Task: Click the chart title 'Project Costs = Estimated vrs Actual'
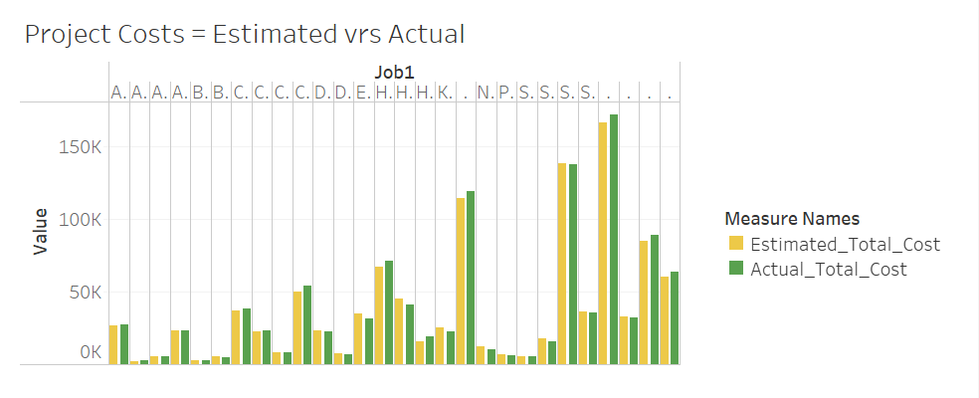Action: pos(245,35)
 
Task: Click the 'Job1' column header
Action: pos(394,72)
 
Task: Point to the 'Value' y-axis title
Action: pos(41,231)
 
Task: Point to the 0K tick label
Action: pos(90,352)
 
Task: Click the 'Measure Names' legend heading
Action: pos(792,218)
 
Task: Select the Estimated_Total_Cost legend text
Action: pos(845,244)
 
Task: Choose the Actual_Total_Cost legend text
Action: pos(829,269)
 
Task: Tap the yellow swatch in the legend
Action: pos(736,244)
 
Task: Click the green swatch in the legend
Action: pos(736,269)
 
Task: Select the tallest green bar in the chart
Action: pos(614,239)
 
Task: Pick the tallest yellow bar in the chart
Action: pos(602,243)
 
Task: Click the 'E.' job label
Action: pos(363,93)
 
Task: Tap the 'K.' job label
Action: pos(445,93)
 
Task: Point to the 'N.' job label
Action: pos(486,93)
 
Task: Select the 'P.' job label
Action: pos(505,93)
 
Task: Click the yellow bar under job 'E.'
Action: pos(358,338)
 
